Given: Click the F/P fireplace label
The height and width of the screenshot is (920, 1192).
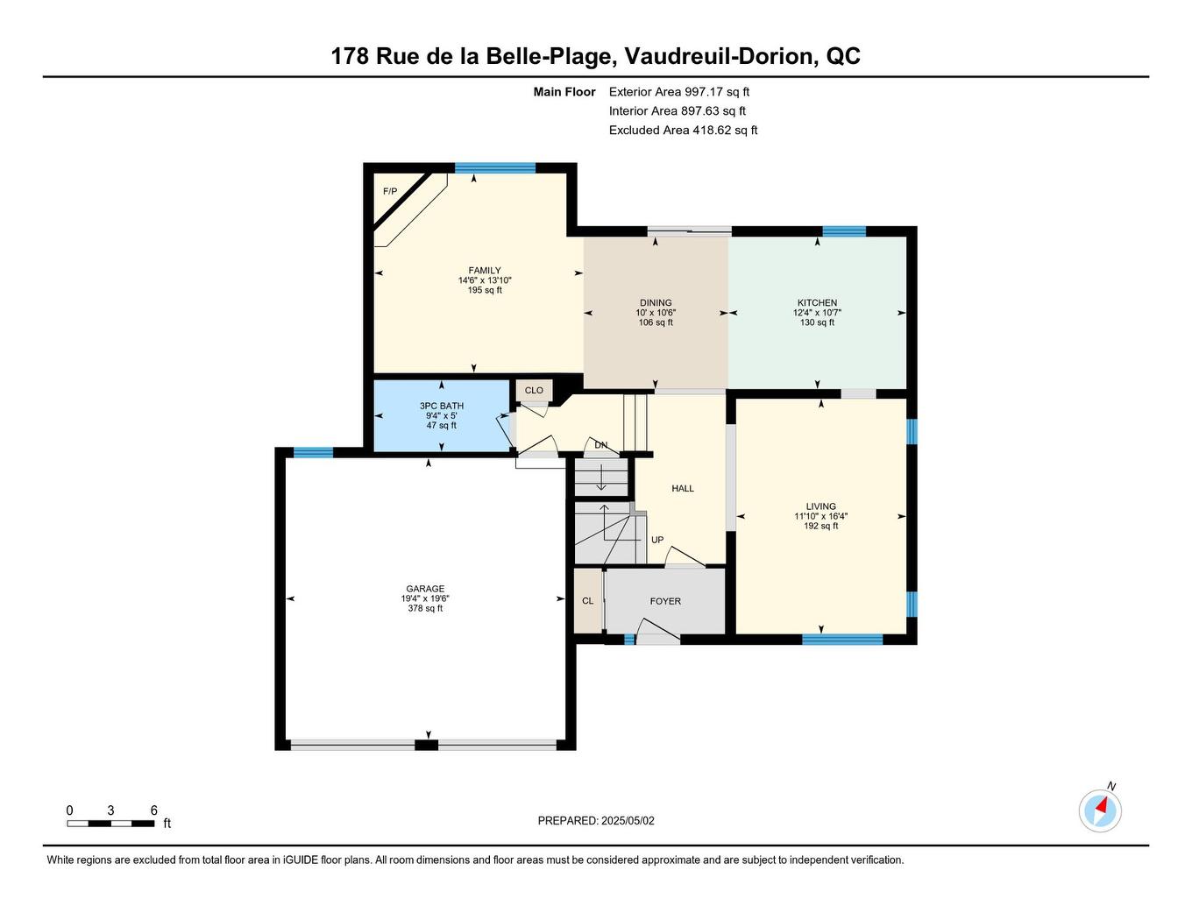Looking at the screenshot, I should (x=390, y=192).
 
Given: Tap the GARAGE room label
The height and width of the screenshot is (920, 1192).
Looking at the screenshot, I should (x=425, y=589).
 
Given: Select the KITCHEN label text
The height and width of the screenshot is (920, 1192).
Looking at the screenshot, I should (x=817, y=303).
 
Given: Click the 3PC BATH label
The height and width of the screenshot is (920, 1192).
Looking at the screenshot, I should (x=442, y=406).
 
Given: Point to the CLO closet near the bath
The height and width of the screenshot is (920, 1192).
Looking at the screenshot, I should (x=534, y=391).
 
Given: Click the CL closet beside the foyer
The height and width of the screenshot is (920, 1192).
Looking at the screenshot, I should (x=587, y=601).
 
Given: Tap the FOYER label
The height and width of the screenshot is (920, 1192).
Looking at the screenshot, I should (x=665, y=601).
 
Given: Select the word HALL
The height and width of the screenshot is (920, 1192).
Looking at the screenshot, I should (x=683, y=488).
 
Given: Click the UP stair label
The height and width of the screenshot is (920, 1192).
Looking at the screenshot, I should (x=657, y=540).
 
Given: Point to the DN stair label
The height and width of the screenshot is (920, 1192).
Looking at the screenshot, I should (x=601, y=445).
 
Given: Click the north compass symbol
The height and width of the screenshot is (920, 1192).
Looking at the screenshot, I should (x=1100, y=810).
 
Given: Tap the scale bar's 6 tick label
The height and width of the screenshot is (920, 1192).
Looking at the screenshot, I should (x=153, y=810).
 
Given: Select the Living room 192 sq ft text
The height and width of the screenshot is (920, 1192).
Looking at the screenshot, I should (x=821, y=527).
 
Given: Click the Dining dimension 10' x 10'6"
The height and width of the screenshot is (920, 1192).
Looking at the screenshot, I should (x=656, y=313).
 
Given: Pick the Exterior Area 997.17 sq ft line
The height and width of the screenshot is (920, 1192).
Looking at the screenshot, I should (x=679, y=92).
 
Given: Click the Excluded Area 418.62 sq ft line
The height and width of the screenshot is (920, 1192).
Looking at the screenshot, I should (x=683, y=131).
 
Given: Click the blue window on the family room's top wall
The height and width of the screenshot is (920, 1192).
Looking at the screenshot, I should (x=495, y=168).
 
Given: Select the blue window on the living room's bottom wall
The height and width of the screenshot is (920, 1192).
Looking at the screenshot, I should (x=842, y=640).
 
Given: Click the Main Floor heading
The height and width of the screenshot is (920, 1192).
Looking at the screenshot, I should (x=564, y=92).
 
